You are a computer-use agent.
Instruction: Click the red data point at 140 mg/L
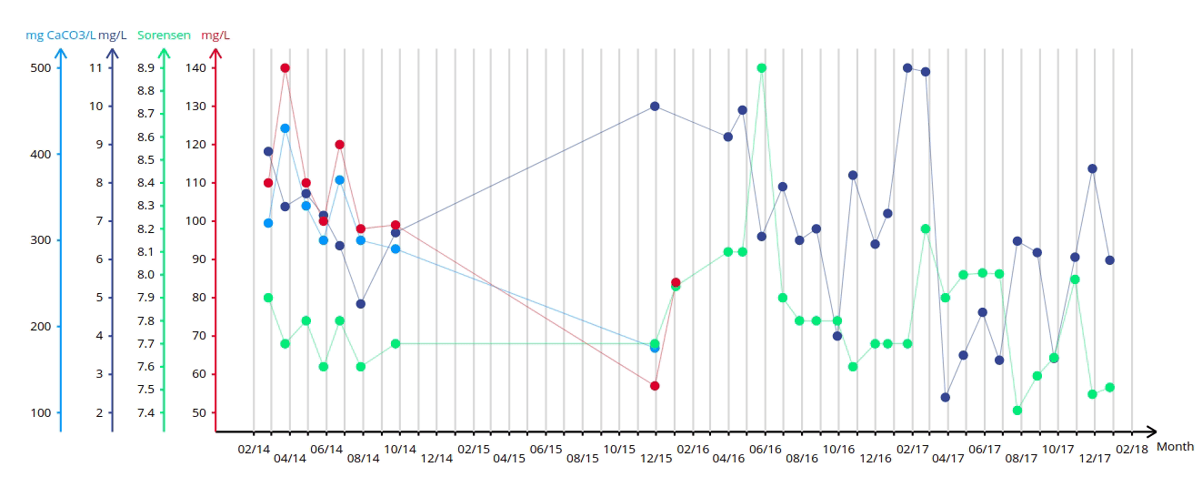pos(285,67)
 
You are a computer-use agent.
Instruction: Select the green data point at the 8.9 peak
pos(762,67)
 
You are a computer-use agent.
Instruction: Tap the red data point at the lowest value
pos(655,386)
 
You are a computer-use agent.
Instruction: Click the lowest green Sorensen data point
pos(1017,411)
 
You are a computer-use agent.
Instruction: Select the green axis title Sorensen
pos(164,36)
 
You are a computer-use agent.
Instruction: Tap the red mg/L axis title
pos(215,36)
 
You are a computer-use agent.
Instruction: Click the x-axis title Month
pos(1175,447)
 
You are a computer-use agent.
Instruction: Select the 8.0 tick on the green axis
pos(145,275)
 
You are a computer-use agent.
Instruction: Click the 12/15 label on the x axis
pos(656,458)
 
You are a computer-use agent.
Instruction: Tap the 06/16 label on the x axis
pos(765,449)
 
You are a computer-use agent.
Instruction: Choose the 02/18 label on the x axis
pos(1131,449)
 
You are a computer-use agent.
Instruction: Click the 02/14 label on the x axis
pos(254,449)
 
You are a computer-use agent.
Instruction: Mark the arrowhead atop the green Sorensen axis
pos(164,54)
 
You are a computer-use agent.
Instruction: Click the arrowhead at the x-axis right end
pos(1150,431)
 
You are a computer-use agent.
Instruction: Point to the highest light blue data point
pos(285,128)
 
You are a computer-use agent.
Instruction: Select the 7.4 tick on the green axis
pos(145,413)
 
